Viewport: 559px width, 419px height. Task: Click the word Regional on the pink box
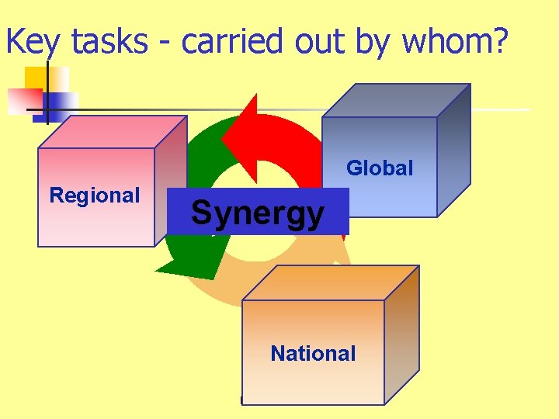[95, 196]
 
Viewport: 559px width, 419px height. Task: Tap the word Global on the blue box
[380, 168]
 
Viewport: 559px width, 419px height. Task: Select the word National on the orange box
[313, 354]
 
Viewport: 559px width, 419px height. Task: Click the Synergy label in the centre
[257, 212]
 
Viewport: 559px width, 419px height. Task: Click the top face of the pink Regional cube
[113, 131]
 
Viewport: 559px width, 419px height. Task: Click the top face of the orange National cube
[331, 282]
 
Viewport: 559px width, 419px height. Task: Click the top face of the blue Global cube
[396, 100]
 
